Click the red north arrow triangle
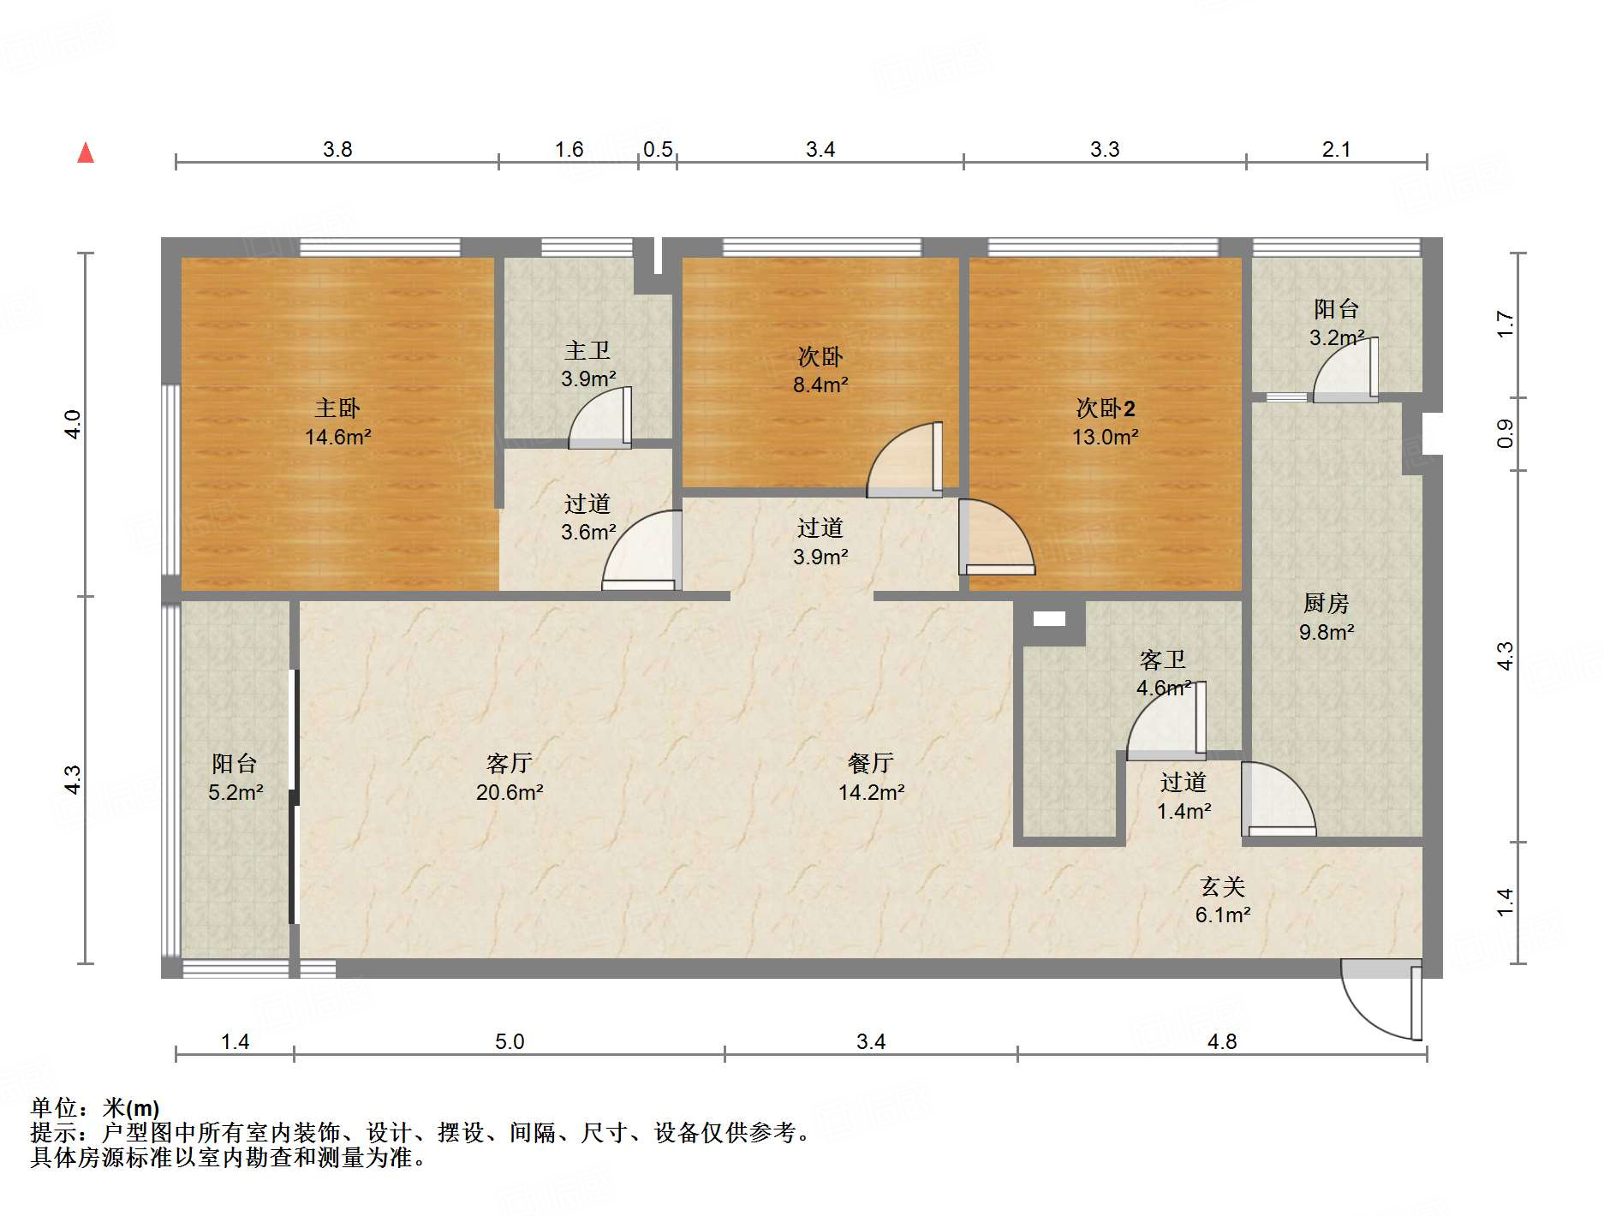click(x=86, y=152)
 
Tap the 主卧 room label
click(x=337, y=408)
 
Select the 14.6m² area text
click(x=337, y=438)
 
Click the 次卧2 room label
click(x=1105, y=408)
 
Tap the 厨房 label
click(x=1326, y=604)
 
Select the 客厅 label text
click(x=509, y=763)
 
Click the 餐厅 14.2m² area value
click(x=871, y=793)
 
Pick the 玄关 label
click(x=1222, y=886)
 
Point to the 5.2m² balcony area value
click(x=236, y=793)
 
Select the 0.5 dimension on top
click(x=658, y=150)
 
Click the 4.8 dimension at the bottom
click(x=1222, y=1042)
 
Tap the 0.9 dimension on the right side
click(x=1505, y=434)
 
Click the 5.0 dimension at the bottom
click(x=510, y=1042)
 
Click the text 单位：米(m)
click(x=95, y=1109)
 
